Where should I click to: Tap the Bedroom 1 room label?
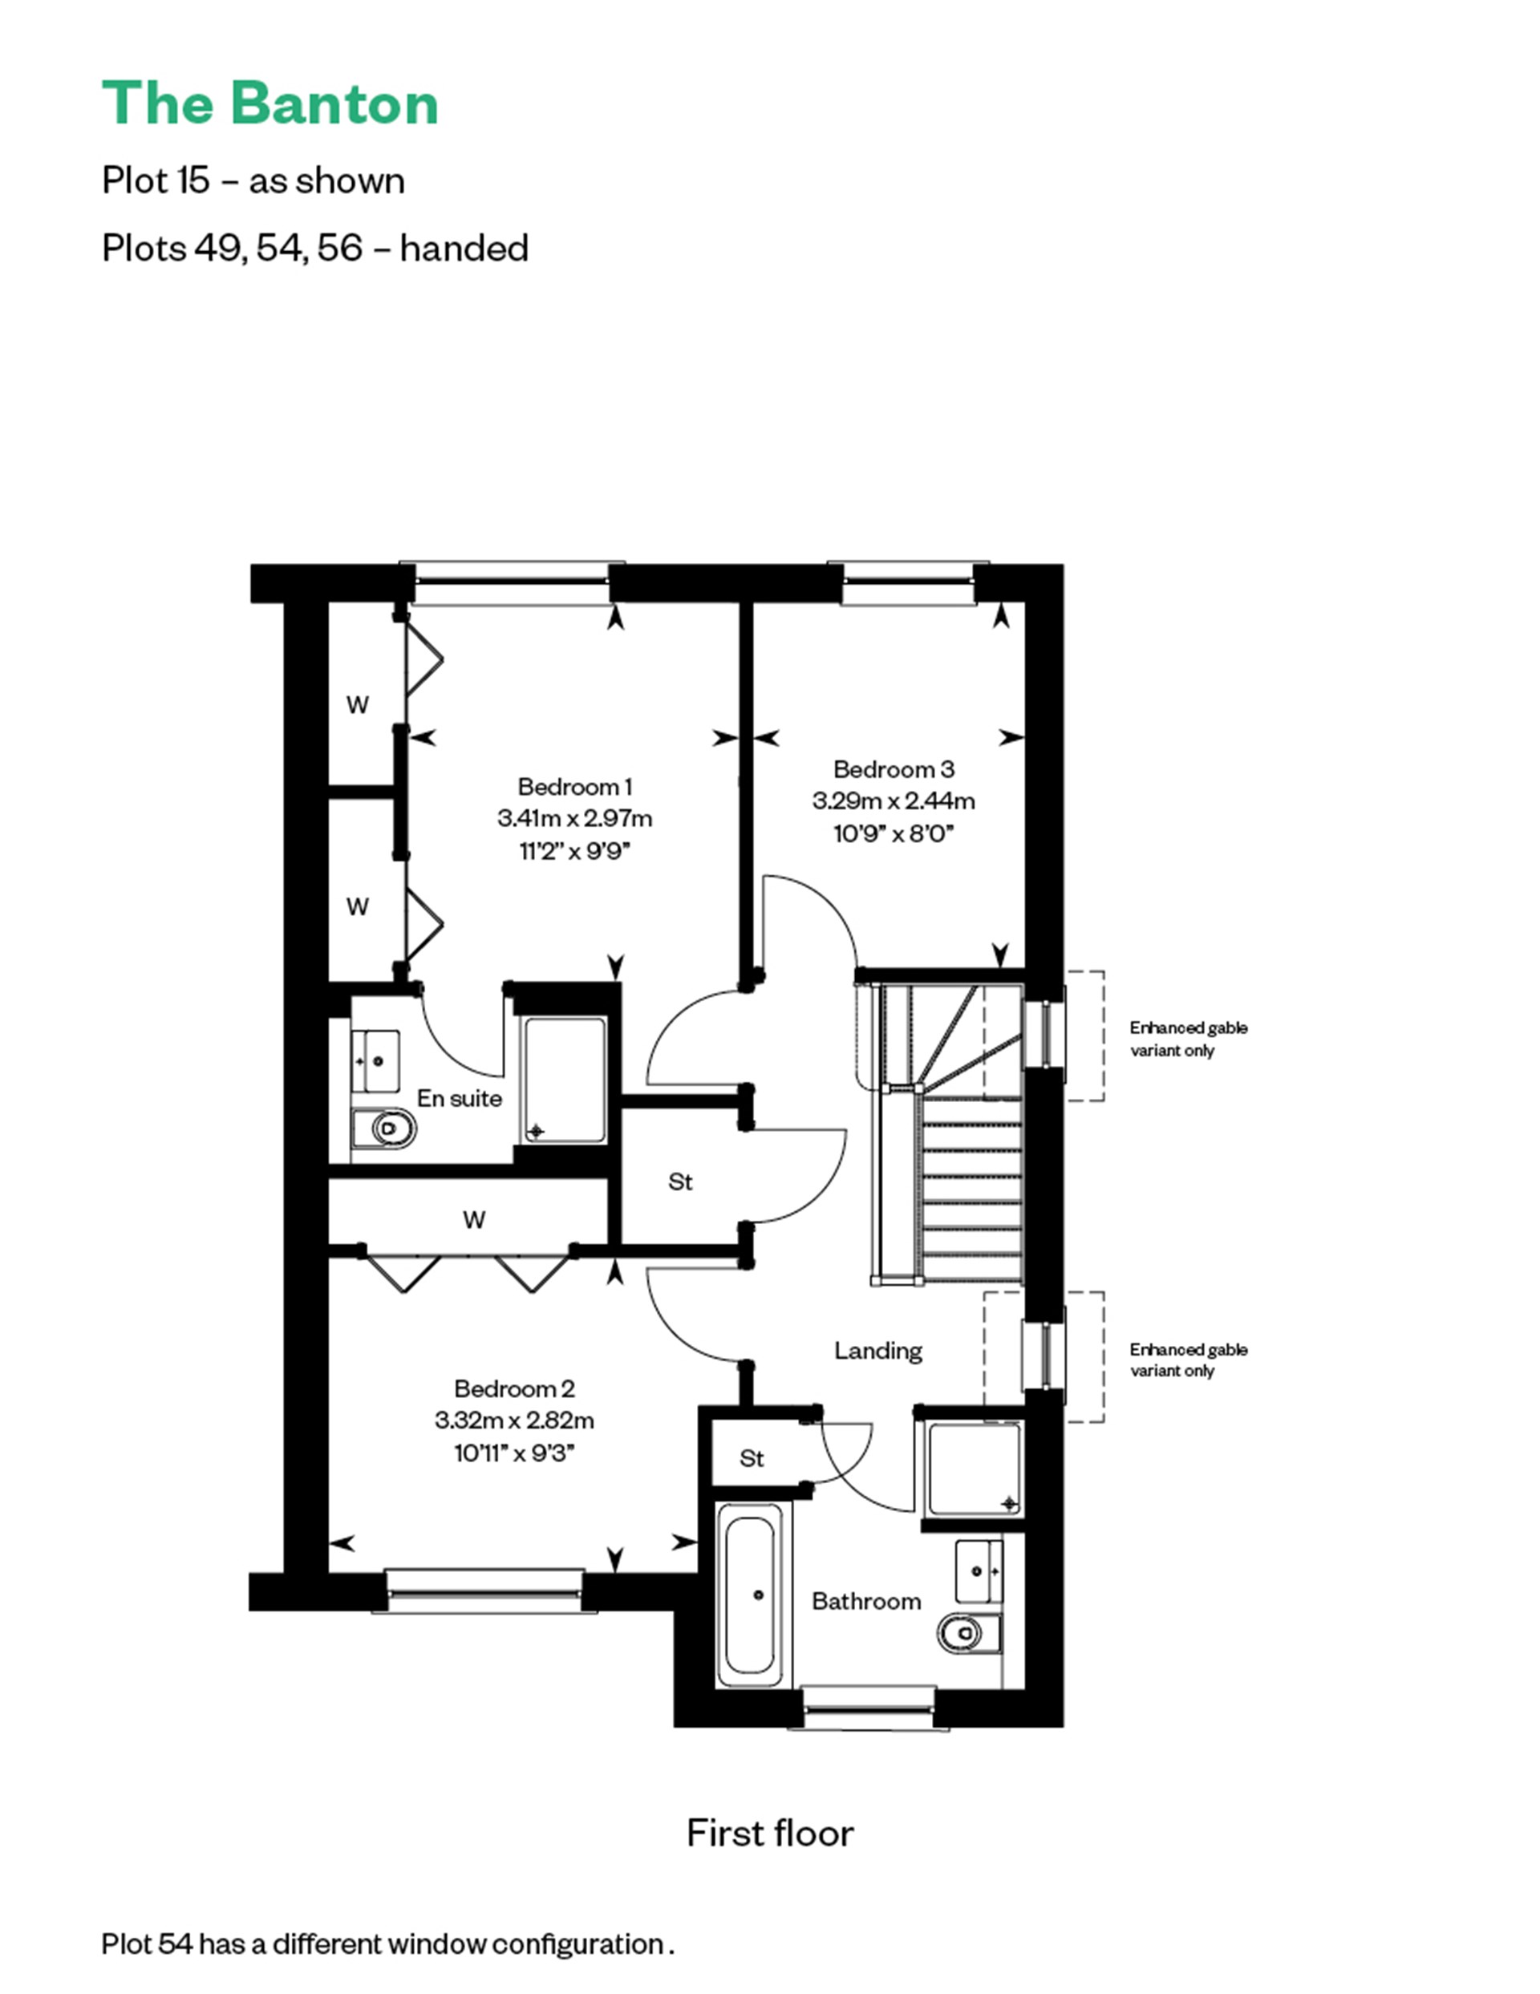(x=574, y=786)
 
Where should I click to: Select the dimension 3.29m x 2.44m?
(x=893, y=800)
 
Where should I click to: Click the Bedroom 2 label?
(x=514, y=1388)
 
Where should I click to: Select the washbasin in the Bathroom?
(x=979, y=1571)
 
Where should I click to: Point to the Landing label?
(x=877, y=1351)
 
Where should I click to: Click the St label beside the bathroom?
(x=752, y=1458)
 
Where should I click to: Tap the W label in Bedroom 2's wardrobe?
(x=474, y=1219)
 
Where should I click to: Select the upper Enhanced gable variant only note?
(x=1188, y=1039)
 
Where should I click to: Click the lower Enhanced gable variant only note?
(x=1188, y=1360)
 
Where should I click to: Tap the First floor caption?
(x=769, y=1833)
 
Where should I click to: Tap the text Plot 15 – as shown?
(x=253, y=180)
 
